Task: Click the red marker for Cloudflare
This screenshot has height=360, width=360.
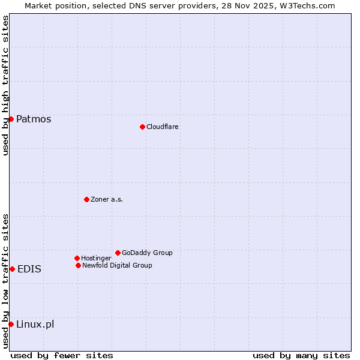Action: click(x=142, y=127)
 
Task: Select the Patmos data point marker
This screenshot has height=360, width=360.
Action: click(x=11, y=119)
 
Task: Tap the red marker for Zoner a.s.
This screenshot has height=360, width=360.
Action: click(x=86, y=199)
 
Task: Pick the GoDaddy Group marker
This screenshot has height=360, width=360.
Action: click(x=118, y=253)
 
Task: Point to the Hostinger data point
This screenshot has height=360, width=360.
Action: click(x=77, y=258)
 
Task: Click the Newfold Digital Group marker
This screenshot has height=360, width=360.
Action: click(x=78, y=265)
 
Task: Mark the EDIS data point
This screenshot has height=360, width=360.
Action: click(x=12, y=269)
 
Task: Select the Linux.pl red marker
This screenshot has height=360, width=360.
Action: click(x=11, y=324)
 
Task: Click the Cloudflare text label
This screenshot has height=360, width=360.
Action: click(x=162, y=127)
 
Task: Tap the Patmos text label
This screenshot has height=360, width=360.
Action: click(x=34, y=119)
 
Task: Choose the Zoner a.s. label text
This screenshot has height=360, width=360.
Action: click(x=107, y=199)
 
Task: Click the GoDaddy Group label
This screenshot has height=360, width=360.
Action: click(x=147, y=253)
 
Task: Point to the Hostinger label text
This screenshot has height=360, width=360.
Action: click(x=96, y=258)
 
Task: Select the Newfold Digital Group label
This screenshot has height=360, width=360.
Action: click(x=117, y=265)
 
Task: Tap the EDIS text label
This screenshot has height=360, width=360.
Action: click(x=29, y=269)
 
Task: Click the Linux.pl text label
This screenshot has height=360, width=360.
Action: click(x=35, y=324)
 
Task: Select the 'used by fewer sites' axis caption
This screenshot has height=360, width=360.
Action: click(x=62, y=355)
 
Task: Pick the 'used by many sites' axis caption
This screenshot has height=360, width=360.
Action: click(x=301, y=355)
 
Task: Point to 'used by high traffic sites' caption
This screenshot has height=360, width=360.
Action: click(x=5, y=85)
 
